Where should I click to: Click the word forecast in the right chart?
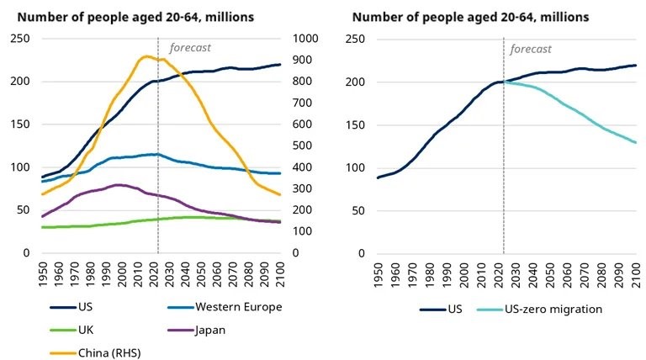(x=531, y=48)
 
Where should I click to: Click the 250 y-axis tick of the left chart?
(x=19, y=40)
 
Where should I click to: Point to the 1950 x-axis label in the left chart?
(x=42, y=275)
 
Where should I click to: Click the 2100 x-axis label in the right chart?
(x=636, y=275)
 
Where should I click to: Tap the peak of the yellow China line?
(x=147, y=56)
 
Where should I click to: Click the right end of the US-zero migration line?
(x=635, y=142)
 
